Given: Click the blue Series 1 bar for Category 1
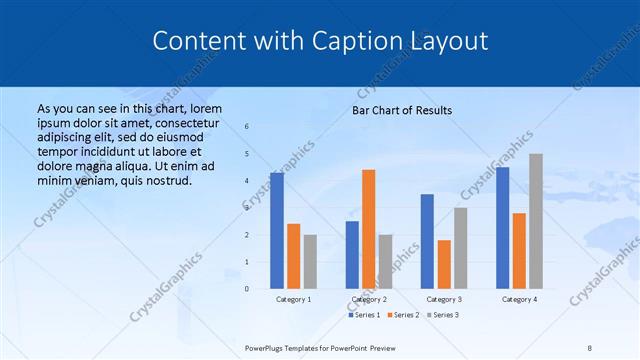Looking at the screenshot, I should (277, 231).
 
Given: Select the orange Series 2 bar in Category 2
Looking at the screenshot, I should (369, 229).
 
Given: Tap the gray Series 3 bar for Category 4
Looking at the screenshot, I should (536, 221).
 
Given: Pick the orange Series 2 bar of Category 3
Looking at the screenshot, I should (444, 264).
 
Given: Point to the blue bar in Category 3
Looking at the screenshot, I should (427, 241).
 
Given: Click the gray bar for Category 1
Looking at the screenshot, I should (310, 262).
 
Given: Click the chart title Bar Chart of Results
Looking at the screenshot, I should (402, 110).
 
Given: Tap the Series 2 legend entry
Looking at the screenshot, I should (403, 315).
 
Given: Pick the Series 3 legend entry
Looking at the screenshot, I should (444, 315).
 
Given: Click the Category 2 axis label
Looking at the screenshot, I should (369, 299).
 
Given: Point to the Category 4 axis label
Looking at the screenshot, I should (519, 299).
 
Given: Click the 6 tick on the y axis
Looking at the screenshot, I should (247, 126).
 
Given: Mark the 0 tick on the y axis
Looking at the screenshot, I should (247, 289).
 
